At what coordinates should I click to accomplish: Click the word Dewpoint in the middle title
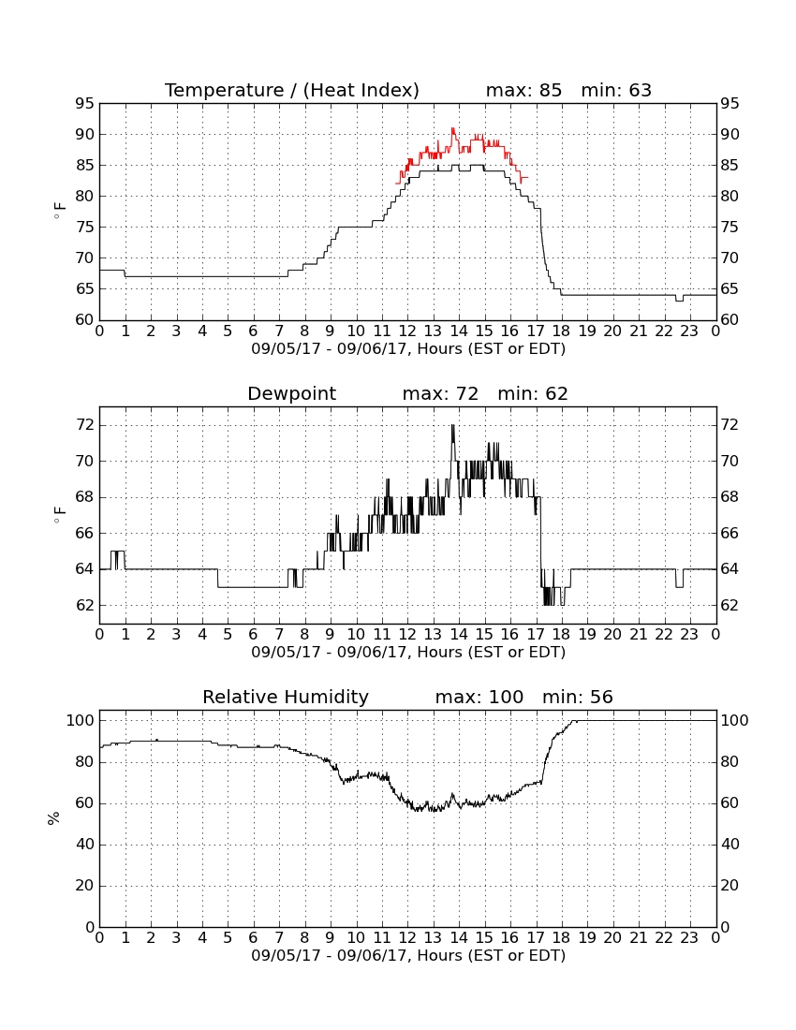pyautogui.click(x=291, y=394)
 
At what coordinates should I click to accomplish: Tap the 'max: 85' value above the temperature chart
pyautogui.click(x=523, y=90)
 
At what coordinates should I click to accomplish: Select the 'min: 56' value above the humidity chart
pyautogui.click(x=577, y=697)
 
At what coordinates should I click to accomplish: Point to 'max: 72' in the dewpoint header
pyautogui.click(x=440, y=394)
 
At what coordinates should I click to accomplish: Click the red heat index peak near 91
pyautogui.click(x=452, y=129)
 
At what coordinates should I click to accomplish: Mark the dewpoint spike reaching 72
pyautogui.click(x=452, y=427)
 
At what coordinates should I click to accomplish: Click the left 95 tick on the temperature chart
pyautogui.click(x=84, y=104)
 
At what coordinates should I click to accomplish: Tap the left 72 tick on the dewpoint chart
pyautogui.click(x=84, y=426)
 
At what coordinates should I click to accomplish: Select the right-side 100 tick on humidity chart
pyautogui.click(x=734, y=721)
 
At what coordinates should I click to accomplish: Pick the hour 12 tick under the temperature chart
pyautogui.click(x=407, y=331)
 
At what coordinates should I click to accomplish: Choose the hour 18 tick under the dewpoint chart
pyautogui.click(x=561, y=635)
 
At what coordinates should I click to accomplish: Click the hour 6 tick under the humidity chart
pyautogui.click(x=254, y=938)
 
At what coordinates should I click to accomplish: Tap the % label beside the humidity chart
pyautogui.click(x=54, y=817)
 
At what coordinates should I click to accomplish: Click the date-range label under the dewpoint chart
pyautogui.click(x=408, y=653)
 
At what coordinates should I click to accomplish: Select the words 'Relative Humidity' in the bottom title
pyautogui.click(x=286, y=697)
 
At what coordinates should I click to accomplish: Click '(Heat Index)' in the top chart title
pyautogui.click(x=361, y=91)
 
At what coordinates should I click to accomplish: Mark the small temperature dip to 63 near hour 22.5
pyautogui.click(x=679, y=300)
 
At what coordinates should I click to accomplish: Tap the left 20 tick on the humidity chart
pyautogui.click(x=84, y=886)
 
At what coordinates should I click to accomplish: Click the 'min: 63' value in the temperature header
pyautogui.click(x=616, y=90)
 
